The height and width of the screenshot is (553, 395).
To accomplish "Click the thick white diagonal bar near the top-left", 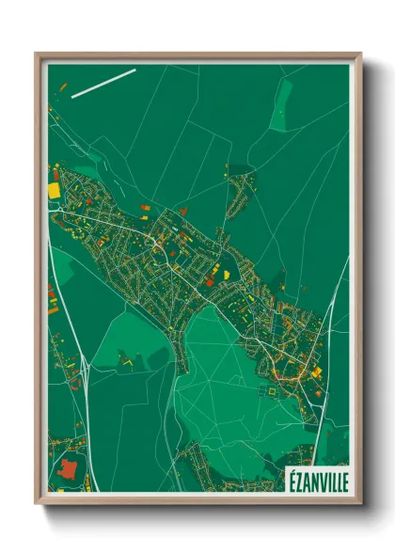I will pos(103,82).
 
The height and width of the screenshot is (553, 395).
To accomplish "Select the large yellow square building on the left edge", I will pos(54,190).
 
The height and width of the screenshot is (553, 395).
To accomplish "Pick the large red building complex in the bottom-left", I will pos(69,469).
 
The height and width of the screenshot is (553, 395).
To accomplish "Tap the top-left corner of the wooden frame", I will pos(38,55).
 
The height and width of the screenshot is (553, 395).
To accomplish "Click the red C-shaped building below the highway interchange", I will pos(75,383).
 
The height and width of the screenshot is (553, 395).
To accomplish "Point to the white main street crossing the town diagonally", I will pos(188,273).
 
